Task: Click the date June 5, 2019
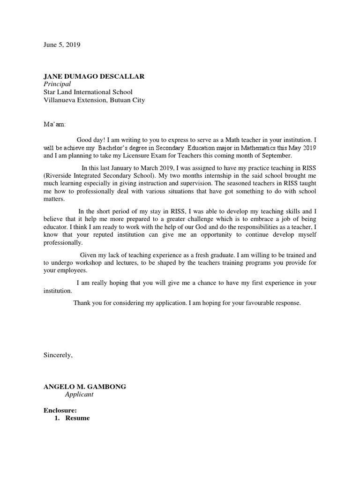62,45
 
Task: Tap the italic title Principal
57,84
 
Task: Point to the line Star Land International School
88,92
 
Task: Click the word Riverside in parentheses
60,175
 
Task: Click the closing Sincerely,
58,355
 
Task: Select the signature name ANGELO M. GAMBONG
85,387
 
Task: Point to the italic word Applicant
79,394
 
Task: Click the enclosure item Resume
77,418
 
